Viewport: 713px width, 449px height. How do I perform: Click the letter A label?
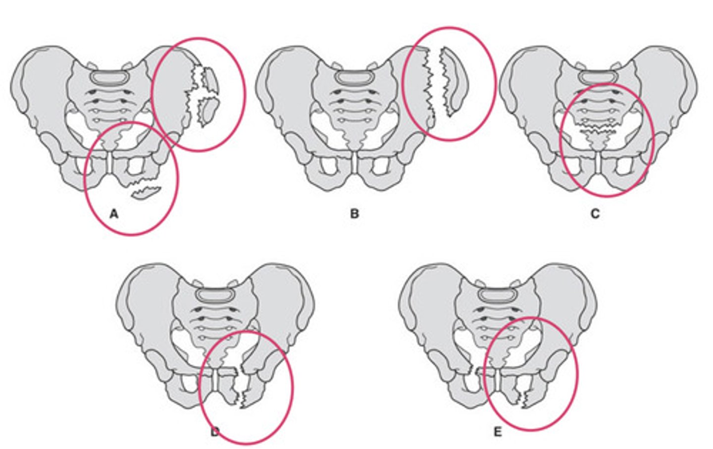click(114, 214)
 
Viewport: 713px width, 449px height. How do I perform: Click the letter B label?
click(355, 214)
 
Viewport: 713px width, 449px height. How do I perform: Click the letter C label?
click(595, 214)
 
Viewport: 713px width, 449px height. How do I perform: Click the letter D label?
click(215, 432)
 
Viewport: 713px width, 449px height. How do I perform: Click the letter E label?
click(498, 432)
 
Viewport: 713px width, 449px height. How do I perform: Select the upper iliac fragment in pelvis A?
click(210, 78)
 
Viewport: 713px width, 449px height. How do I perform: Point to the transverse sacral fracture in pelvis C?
click(595, 128)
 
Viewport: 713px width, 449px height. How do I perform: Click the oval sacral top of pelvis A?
click(110, 78)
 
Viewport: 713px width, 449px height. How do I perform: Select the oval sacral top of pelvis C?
click(598, 78)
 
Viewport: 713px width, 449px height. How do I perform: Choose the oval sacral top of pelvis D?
click(214, 295)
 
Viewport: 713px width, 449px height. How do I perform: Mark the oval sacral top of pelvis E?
click(497, 295)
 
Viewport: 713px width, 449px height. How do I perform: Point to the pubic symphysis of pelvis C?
click(598, 162)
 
